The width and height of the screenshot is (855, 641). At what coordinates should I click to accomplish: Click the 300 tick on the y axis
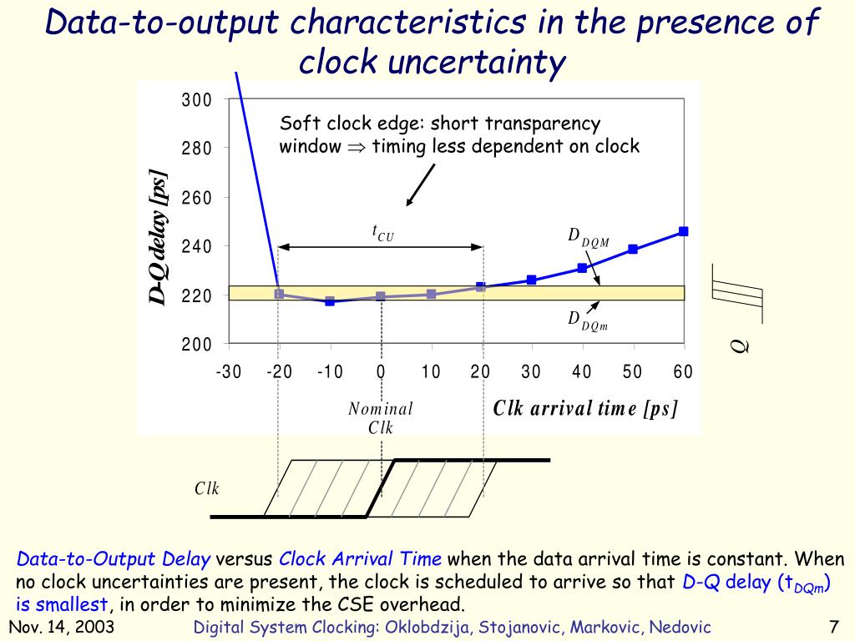197,101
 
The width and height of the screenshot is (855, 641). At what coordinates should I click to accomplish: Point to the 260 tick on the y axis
197,199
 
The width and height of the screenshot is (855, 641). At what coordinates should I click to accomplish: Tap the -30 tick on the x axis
229,372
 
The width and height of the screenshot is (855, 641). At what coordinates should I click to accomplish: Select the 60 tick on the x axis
683,372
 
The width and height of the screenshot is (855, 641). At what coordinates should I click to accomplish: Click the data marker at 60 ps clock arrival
683,231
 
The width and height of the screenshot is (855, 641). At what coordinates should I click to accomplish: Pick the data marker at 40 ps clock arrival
582,268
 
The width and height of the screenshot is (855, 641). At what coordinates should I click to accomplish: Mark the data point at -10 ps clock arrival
330,301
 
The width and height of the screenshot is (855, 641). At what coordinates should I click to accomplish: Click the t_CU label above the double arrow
382,233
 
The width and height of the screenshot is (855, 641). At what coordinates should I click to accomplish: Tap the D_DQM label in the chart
589,238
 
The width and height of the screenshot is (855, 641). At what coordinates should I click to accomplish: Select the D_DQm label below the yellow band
588,320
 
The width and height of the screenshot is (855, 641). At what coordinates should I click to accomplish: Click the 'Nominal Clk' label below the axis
381,418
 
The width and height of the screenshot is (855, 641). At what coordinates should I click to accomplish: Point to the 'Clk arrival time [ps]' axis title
585,408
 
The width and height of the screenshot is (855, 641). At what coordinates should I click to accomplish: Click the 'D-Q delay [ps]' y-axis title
159,238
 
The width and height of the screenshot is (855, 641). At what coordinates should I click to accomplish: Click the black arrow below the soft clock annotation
421,184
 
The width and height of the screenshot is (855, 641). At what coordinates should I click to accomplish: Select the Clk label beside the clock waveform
207,489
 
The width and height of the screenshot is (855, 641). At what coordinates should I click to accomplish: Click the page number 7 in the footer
833,627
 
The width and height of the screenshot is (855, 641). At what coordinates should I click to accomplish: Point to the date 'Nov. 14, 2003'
62,627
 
